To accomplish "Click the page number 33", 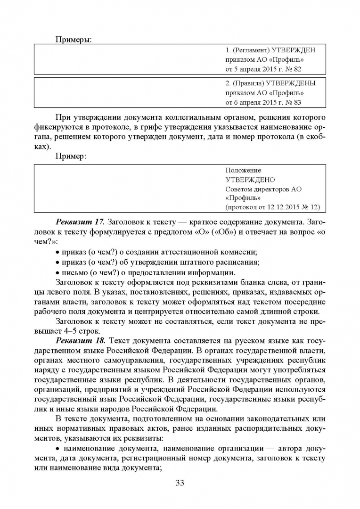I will pos(180,482).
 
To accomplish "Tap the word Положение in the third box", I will pos(243,170).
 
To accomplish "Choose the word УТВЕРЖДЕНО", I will pos(250,180).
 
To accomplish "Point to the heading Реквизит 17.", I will pos(81,222).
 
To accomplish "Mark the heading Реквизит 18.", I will pos(81,340).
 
